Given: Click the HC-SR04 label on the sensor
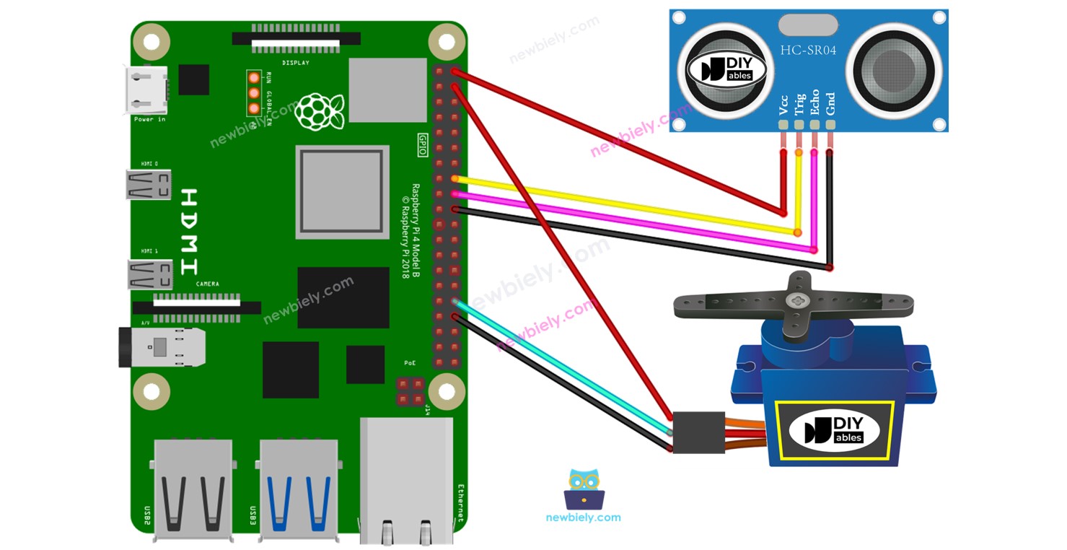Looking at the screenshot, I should (808, 50).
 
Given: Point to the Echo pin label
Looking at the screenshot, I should (814, 102).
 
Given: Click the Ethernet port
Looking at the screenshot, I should (406, 480).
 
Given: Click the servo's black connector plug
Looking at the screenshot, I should (698, 432).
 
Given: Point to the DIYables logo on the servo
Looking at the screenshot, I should (834, 431).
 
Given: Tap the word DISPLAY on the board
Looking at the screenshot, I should (296, 63).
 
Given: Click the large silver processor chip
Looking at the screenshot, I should (342, 191).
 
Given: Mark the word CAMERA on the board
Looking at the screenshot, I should (207, 284).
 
